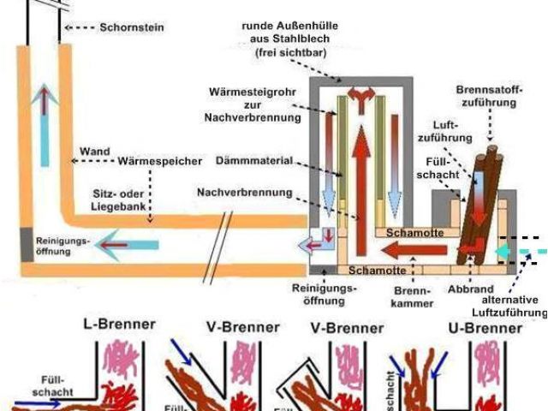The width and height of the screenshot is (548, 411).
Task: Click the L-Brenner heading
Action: click(x=119, y=325)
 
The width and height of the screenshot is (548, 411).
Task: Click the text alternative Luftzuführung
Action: click(x=509, y=307)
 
